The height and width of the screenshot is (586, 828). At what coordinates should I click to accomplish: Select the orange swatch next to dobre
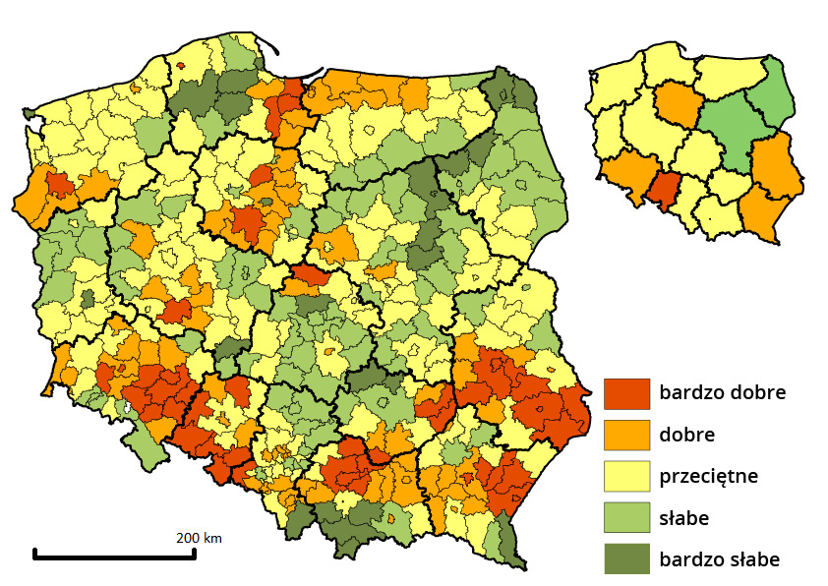coord(626,435)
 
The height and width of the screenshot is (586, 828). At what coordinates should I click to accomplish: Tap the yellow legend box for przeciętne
coord(626,476)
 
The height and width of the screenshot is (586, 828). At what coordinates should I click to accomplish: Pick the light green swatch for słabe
coord(626,517)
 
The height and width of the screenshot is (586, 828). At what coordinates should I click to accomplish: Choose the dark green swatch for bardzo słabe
coord(626,558)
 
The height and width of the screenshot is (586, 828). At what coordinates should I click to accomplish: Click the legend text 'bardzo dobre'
coord(722,392)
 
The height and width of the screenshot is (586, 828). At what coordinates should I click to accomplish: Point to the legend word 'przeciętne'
coord(709,476)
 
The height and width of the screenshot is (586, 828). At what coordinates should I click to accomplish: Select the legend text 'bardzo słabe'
coord(719,558)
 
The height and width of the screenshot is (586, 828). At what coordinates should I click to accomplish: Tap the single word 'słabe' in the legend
coord(684,517)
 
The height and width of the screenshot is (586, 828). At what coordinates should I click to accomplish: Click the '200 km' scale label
coord(199,538)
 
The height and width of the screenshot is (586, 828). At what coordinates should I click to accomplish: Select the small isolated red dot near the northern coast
coord(181,66)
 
